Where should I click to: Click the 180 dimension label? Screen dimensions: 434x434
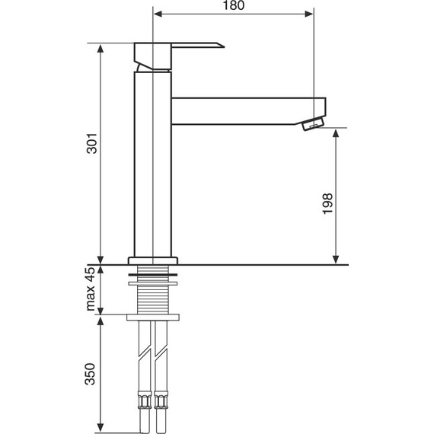point(234,5)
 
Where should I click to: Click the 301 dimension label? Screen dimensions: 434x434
point(92,143)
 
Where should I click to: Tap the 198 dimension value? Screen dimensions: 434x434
point(327,203)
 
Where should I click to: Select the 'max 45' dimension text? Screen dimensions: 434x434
point(91,289)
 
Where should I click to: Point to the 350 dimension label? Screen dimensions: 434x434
point(90,374)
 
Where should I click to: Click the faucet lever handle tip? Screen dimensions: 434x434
point(224,46)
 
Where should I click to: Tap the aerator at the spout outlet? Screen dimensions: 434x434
point(313,123)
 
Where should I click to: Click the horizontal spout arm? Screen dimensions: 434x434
point(248,111)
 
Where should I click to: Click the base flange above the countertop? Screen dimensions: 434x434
point(153,260)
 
